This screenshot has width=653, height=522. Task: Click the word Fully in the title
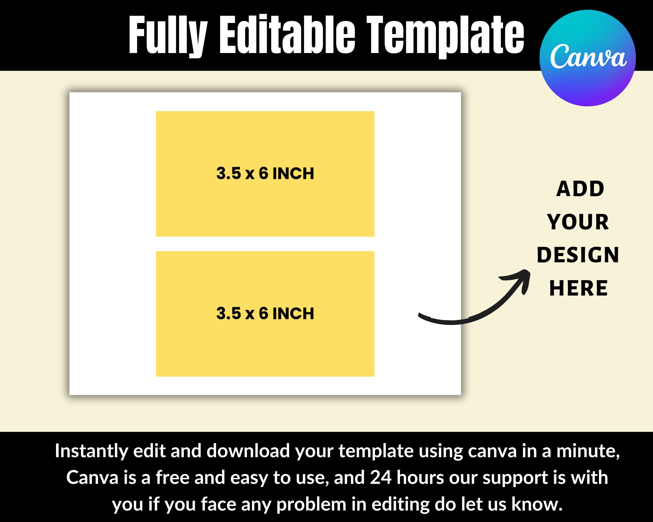coord(168,35)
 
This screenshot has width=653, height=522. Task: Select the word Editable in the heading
coord(287,35)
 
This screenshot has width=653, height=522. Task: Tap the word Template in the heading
coord(445,35)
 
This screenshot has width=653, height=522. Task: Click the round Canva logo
coord(587,58)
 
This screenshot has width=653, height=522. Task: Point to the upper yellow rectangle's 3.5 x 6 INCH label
coord(265,173)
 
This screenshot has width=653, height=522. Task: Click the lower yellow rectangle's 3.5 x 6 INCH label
coord(265,313)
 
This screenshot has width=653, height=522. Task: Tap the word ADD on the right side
coord(580,189)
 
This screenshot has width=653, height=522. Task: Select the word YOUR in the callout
coord(578,222)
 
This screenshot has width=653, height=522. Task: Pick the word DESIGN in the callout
coord(578,255)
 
